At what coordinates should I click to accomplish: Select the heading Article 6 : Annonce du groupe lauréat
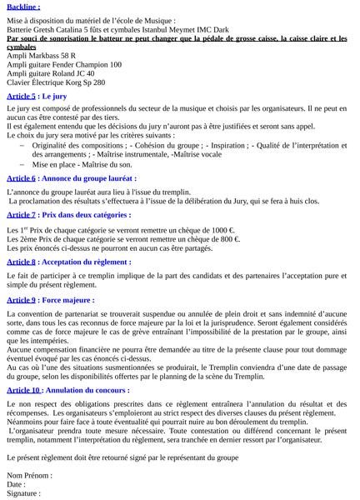[x=71, y=178]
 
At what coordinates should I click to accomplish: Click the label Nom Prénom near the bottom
[x=28, y=475]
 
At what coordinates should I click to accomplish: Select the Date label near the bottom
[x=16, y=484]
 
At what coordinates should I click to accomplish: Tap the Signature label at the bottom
[x=23, y=493]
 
